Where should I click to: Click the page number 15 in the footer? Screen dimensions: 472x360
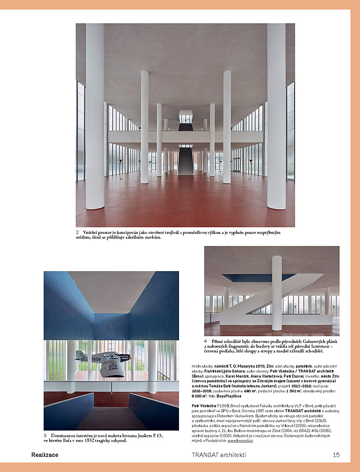tap(336, 455)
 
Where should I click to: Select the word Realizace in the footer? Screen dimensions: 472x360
tap(45, 455)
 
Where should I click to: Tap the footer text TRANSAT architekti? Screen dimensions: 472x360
tap(219, 455)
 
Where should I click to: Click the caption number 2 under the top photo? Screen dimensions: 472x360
tap(77, 232)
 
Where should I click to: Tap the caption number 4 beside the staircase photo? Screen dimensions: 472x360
tap(206, 341)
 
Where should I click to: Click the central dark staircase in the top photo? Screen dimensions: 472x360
tap(186, 160)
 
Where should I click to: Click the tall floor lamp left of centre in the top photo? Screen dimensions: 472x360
tap(120, 163)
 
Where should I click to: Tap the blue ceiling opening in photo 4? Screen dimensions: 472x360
tap(247, 277)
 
